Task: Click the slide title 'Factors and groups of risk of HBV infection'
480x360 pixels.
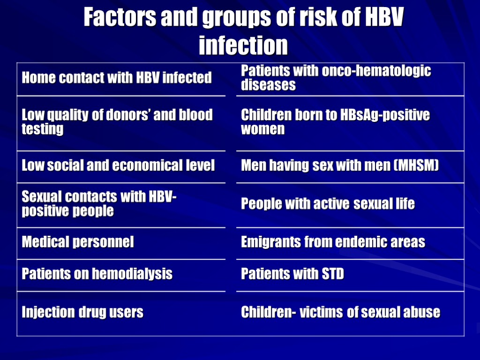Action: [243, 31]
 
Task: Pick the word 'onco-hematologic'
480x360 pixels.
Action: [376, 71]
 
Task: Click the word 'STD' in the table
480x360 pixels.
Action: [332, 274]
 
